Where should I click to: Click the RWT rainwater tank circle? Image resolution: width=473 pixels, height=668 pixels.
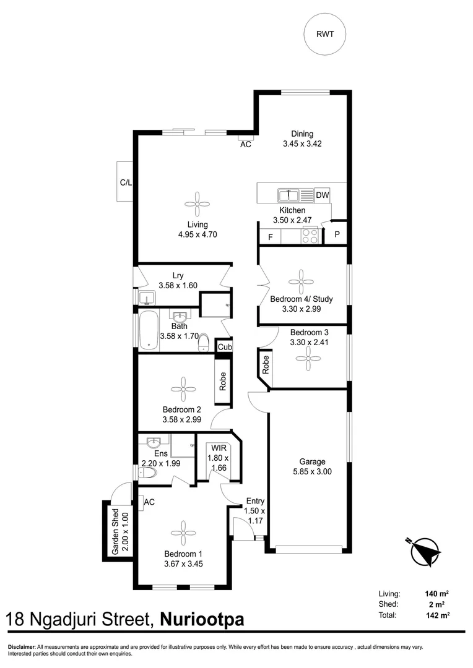pyautogui.click(x=324, y=34)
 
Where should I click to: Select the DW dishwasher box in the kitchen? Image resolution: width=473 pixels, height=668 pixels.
pyautogui.click(x=322, y=195)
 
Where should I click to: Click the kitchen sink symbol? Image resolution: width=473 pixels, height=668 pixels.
pyautogui.click(x=288, y=195)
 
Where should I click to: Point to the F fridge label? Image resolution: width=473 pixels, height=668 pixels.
pyautogui.click(x=270, y=237)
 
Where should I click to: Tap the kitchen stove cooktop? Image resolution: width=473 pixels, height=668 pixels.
pyautogui.click(x=310, y=236)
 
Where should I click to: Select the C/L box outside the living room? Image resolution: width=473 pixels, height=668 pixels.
pyautogui.click(x=125, y=182)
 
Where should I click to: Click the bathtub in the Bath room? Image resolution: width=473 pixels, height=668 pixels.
pyautogui.click(x=149, y=331)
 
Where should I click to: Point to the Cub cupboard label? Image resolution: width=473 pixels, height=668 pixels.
pyautogui.click(x=223, y=347)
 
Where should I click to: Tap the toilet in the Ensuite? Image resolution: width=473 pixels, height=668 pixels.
pyautogui.click(x=147, y=474)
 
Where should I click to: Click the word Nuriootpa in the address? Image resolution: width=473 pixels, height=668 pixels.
pyautogui.click(x=202, y=620)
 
